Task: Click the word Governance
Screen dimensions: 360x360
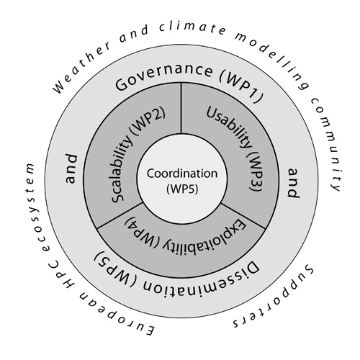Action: point(163,74)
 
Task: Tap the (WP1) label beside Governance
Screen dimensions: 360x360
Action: point(241,87)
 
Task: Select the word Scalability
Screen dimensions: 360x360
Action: point(122,168)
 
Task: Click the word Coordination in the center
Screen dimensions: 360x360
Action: point(182,174)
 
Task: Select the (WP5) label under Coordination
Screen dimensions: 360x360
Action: point(182,189)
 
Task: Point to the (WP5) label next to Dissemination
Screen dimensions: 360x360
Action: point(115,265)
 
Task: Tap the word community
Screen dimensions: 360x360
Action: point(329,144)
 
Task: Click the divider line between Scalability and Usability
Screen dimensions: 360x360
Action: point(181,108)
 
